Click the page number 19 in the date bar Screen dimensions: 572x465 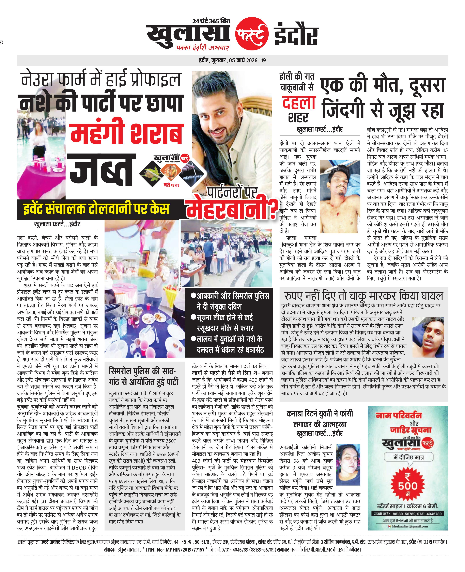263,61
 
